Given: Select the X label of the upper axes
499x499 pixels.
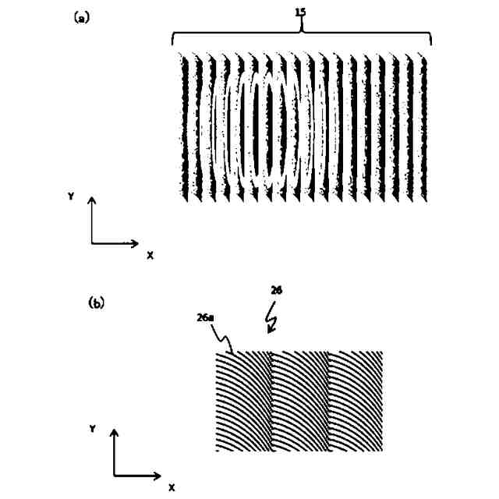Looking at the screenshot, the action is tap(149, 255).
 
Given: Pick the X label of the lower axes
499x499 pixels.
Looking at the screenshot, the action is tap(172, 487).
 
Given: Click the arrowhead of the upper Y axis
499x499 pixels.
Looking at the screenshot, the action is tap(92, 201).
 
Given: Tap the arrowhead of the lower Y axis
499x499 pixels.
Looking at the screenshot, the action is tap(115, 433).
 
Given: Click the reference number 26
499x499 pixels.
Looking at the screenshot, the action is tap(276, 290).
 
